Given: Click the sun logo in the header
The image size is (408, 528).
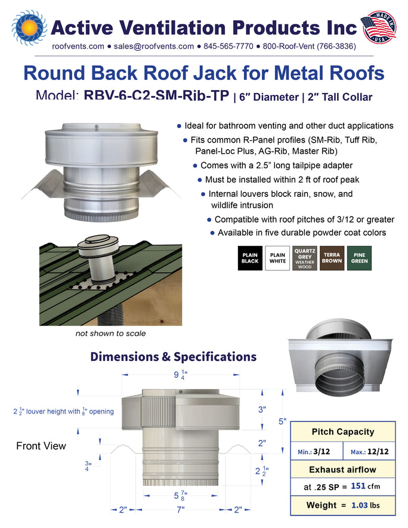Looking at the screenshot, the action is tap(29, 27).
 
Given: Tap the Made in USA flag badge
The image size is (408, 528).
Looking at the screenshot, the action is tap(378, 27).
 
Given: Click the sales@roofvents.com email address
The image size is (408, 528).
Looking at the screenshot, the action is tap(153, 46).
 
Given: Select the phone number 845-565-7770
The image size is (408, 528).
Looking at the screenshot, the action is tap(228, 46).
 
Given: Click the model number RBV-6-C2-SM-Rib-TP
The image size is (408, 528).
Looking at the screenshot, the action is tap(156, 95).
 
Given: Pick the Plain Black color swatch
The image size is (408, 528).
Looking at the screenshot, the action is tap(250, 258).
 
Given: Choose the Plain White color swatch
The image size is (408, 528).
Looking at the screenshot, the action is tap(277, 258).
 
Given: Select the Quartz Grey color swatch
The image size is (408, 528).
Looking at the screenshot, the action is tap(305, 258).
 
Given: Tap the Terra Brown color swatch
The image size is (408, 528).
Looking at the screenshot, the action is tap(332, 258).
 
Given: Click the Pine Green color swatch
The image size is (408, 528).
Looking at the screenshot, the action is tap(359, 258).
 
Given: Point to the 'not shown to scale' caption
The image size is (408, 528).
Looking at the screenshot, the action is tap(110, 334).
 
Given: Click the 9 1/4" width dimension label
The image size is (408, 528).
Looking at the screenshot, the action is tap(180, 375).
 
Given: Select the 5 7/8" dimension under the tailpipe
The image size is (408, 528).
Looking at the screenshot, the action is tap(180, 496).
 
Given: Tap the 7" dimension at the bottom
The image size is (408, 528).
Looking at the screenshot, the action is tap(181, 510).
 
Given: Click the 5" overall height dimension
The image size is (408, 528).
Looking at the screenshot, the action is tap(282, 421).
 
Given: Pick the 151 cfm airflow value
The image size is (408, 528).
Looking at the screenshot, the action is tap(365, 486).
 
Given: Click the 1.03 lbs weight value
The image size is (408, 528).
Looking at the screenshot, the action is tap(365, 505).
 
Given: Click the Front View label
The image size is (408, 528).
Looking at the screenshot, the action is tap(41, 446).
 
